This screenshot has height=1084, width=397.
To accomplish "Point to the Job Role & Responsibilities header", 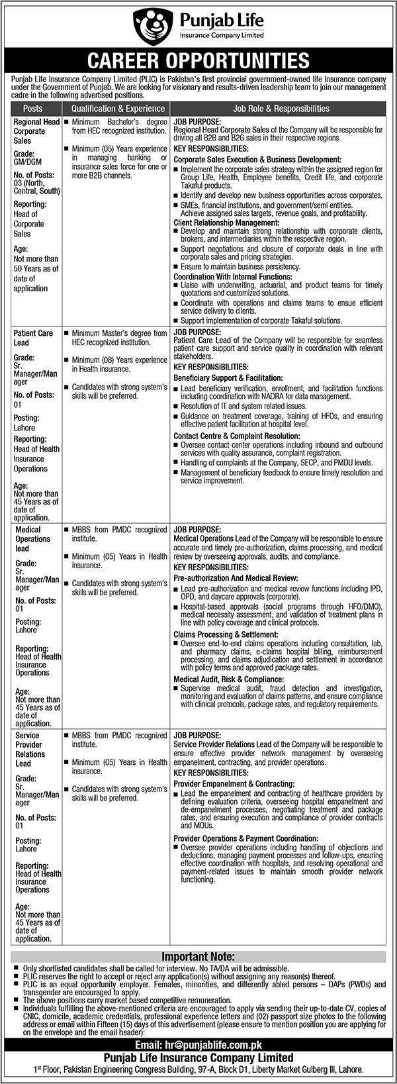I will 281,109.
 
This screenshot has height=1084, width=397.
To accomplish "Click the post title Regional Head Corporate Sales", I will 36,131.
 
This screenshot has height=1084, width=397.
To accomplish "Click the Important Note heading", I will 198,957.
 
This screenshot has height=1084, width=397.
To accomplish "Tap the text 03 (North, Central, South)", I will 38,186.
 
